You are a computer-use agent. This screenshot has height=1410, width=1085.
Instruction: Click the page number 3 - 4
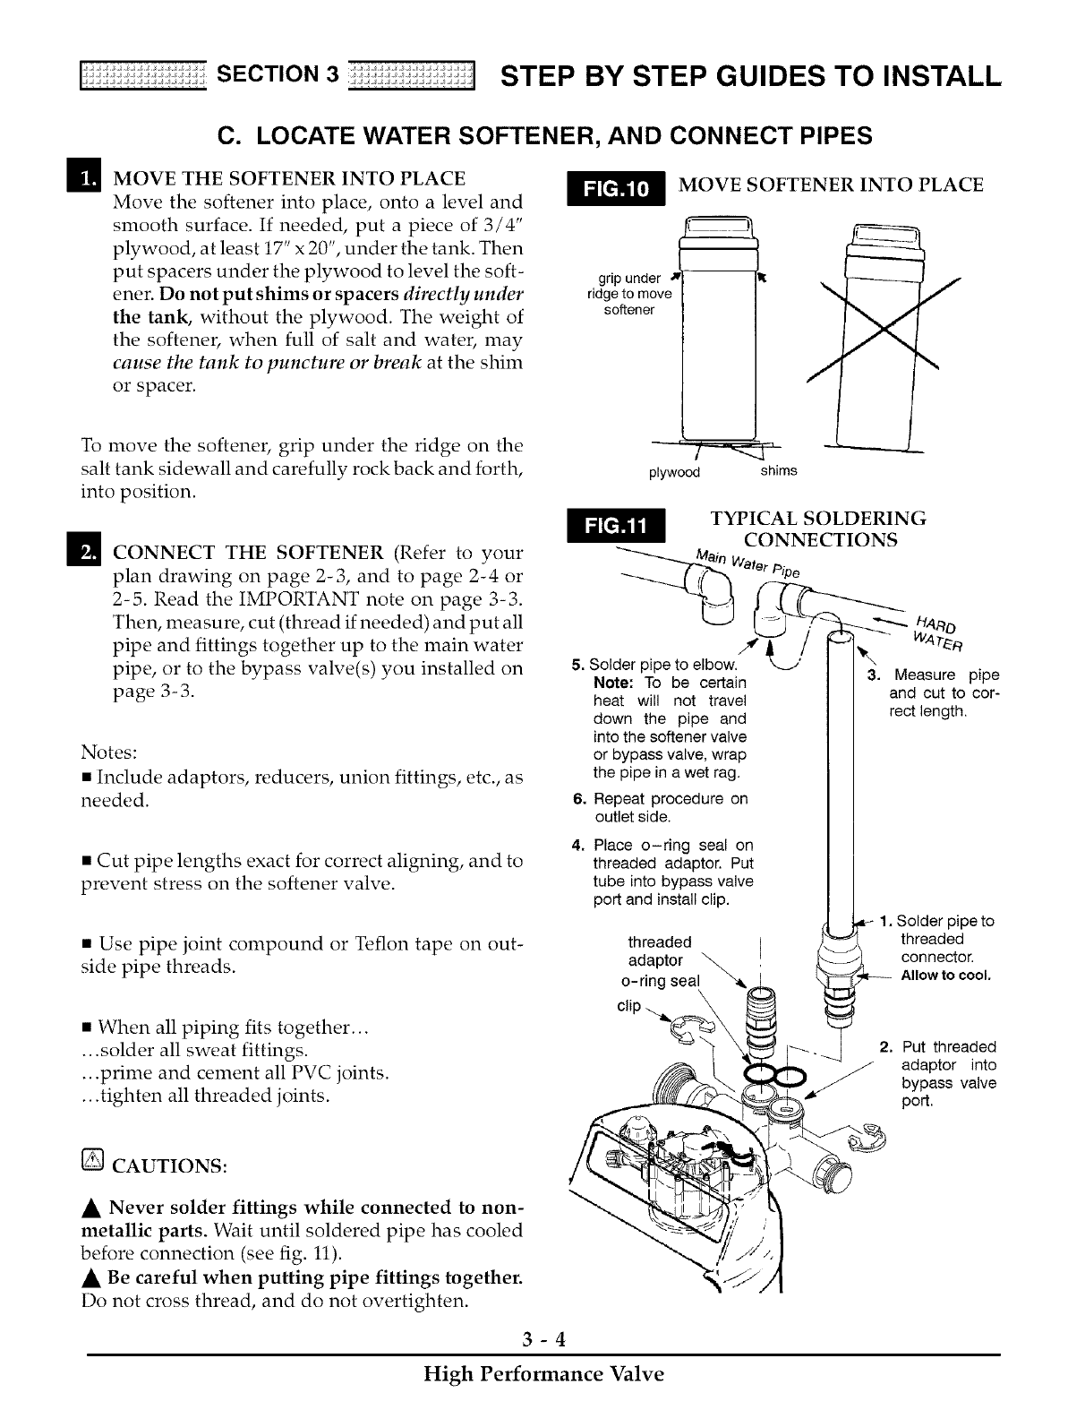542,1339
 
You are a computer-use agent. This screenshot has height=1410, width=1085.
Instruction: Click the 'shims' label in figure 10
778,471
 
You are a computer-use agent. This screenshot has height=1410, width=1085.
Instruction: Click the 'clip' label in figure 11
629,1005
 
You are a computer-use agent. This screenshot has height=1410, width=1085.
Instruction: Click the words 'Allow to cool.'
946,976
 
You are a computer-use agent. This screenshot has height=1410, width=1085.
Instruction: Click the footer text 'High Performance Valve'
543,1373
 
